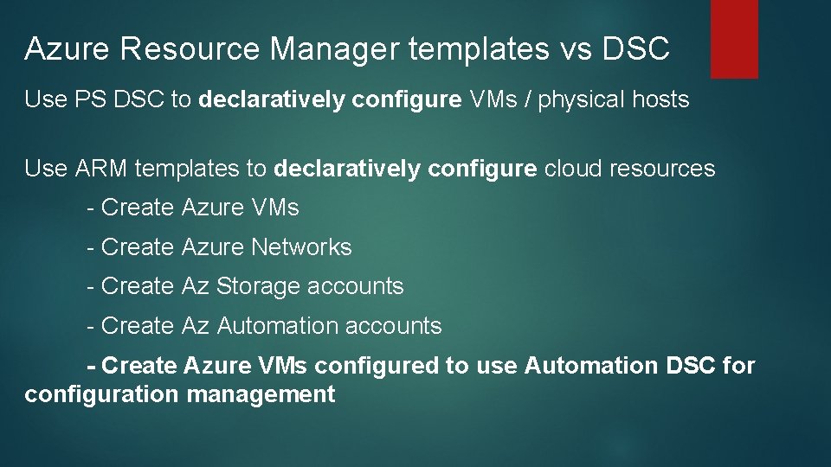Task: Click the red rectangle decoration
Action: [x=734, y=39]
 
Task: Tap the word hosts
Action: [x=661, y=99]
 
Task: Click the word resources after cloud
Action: [x=662, y=169]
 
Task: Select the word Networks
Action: [x=301, y=247]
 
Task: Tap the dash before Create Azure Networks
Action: [x=91, y=247]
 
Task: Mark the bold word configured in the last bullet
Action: [x=377, y=366]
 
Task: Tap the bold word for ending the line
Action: [x=738, y=366]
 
